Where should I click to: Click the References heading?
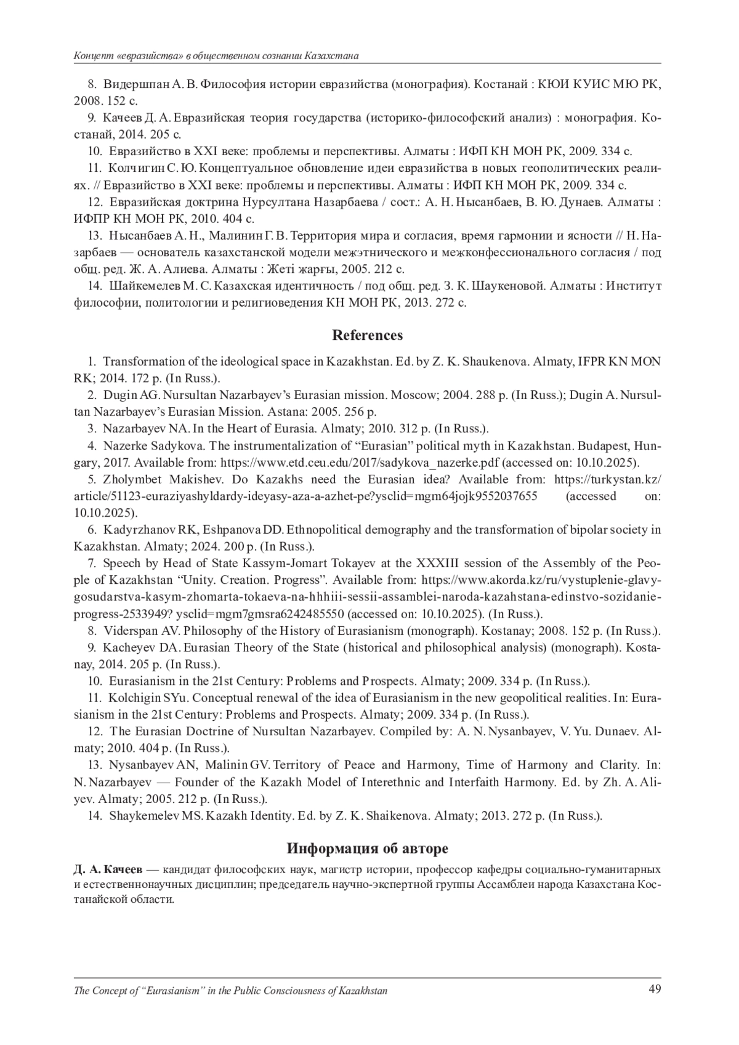(368, 336)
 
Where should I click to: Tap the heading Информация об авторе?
(368, 849)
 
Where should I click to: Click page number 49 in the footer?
(655, 990)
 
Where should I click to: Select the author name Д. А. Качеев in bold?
(108, 869)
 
